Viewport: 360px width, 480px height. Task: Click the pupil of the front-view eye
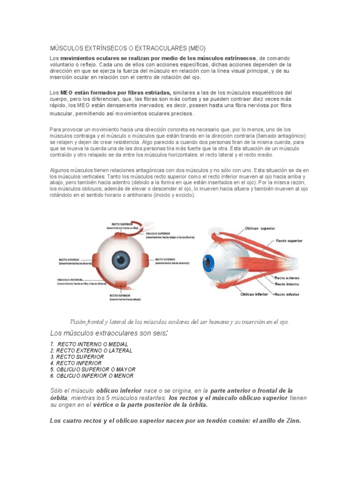(x=120, y=259)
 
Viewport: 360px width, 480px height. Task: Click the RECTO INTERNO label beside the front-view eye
(x=165, y=259)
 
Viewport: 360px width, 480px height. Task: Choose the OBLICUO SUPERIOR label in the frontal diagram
(x=157, y=233)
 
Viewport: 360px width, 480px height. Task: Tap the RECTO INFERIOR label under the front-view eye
(x=120, y=296)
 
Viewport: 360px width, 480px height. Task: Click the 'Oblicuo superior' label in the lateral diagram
(x=260, y=229)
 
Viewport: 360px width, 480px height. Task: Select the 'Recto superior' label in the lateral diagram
(x=289, y=240)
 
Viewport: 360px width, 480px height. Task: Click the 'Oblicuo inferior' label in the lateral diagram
(x=254, y=294)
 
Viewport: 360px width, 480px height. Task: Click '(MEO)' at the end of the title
(x=197, y=48)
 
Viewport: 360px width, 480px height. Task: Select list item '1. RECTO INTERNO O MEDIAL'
(x=89, y=344)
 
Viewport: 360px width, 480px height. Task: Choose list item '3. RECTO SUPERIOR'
(x=77, y=357)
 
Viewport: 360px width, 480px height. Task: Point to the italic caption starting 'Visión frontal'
(x=179, y=322)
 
